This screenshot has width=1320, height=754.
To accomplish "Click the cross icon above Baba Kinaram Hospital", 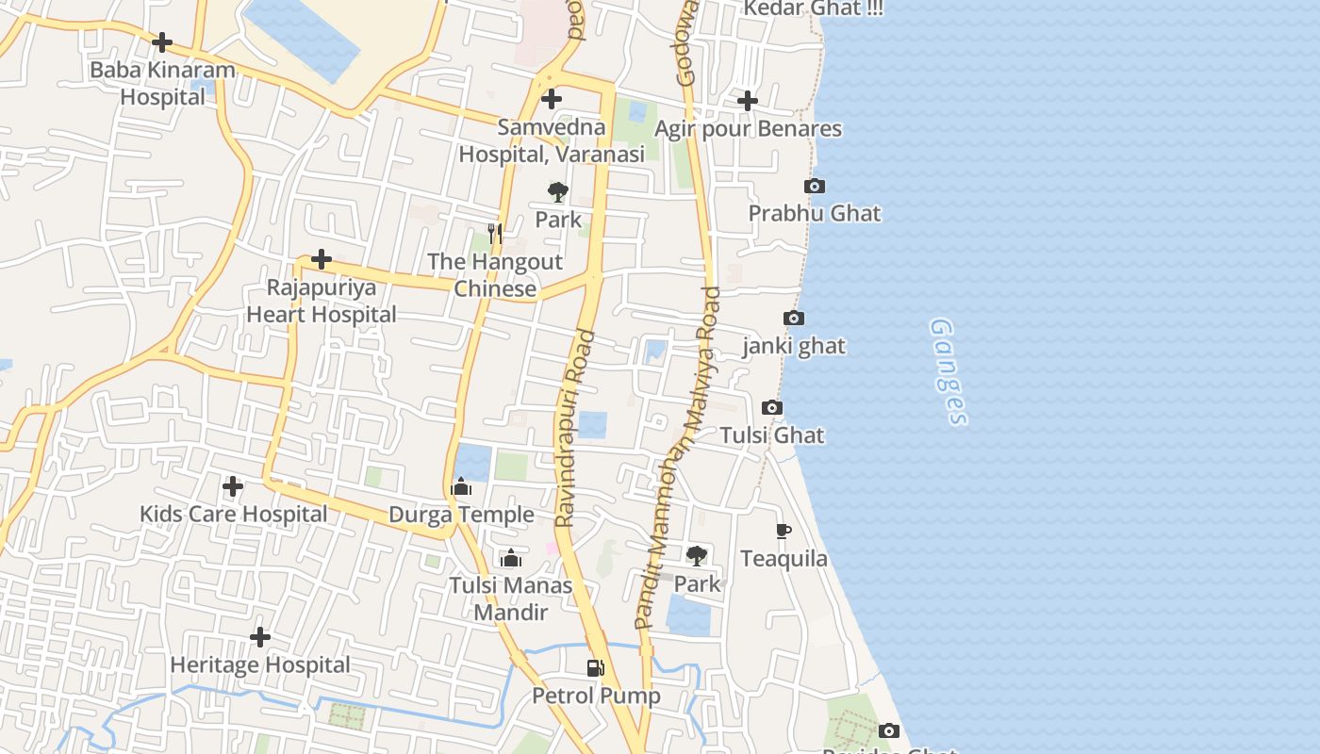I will [x=162, y=42].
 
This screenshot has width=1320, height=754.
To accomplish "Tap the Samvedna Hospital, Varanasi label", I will [x=552, y=140].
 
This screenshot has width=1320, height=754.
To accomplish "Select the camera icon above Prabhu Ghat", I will [x=815, y=187].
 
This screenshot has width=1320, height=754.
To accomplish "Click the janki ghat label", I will [x=794, y=346].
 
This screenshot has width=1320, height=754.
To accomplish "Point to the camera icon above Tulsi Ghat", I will [x=772, y=408].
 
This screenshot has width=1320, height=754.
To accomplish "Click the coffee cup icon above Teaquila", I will [x=784, y=532].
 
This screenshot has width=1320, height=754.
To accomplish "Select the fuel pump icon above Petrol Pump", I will [x=596, y=669].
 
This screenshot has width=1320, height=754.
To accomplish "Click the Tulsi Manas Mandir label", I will [x=510, y=598].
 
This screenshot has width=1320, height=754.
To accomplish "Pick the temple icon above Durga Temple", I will [x=461, y=487].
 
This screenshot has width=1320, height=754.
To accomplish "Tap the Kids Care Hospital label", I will [x=233, y=514].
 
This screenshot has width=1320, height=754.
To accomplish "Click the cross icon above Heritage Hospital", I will [x=260, y=638].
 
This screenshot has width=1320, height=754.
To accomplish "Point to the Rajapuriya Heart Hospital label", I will [x=322, y=301].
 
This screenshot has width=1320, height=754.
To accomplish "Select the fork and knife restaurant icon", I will [x=495, y=233].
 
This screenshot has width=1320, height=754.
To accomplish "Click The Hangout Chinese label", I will [x=495, y=274].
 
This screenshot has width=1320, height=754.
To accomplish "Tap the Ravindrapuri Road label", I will [x=575, y=429].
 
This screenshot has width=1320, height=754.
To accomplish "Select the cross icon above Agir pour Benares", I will [x=748, y=100].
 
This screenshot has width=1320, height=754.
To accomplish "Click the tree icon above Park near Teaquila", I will [x=697, y=556].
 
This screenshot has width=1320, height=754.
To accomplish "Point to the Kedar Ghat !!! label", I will [x=813, y=8].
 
